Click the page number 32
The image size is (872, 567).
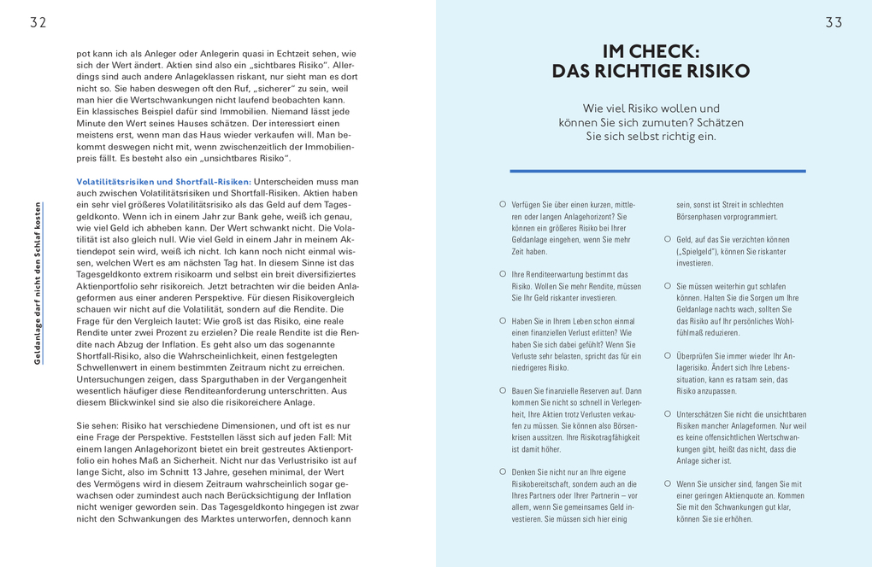coord(38,23)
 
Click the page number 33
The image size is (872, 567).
coord(834,23)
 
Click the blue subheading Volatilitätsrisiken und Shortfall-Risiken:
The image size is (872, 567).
coord(163,182)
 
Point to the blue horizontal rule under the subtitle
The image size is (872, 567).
coord(657,171)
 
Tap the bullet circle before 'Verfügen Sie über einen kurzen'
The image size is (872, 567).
coord(503,205)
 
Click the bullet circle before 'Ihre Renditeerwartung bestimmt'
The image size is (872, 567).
coord(503,274)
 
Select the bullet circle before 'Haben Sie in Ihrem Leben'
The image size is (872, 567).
coord(503,321)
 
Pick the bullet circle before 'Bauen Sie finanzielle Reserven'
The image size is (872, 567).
coord(503,390)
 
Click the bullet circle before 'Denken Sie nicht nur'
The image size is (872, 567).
coord(503,471)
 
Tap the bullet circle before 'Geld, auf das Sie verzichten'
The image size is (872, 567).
coord(668,240)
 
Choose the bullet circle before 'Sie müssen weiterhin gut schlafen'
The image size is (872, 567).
coord(668,286)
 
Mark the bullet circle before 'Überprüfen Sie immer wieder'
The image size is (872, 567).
coord(668,355)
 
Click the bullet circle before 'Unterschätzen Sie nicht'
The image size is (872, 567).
coord(668,413)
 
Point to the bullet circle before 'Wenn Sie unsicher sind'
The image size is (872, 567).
coord(668,483)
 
